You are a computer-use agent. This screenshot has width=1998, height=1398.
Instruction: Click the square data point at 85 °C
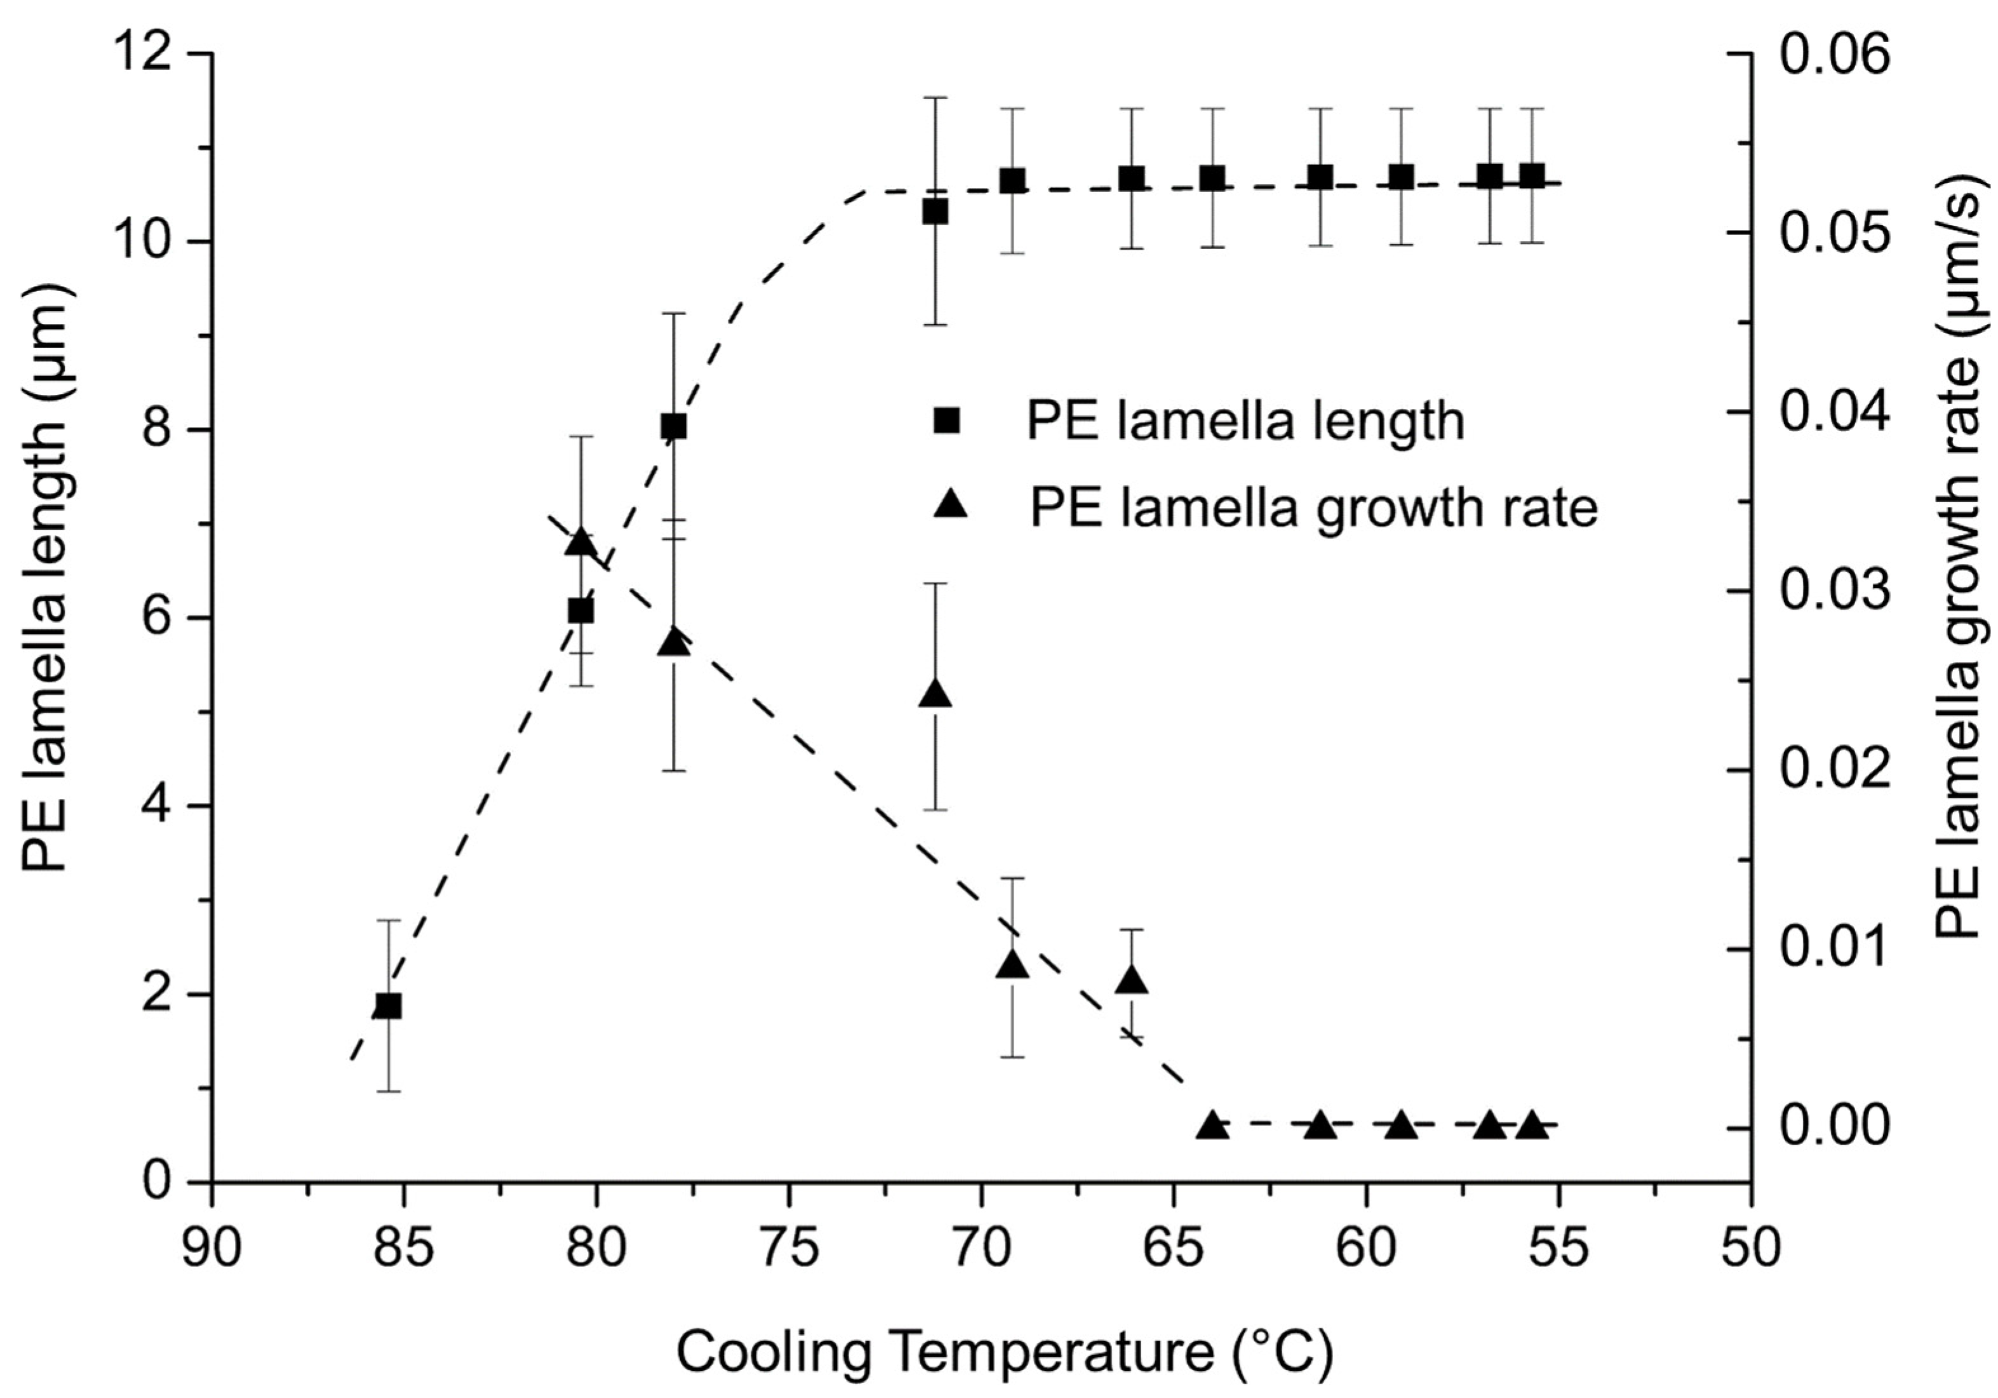coord(388,1005)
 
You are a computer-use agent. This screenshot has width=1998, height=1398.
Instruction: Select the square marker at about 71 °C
coord(935,212)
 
